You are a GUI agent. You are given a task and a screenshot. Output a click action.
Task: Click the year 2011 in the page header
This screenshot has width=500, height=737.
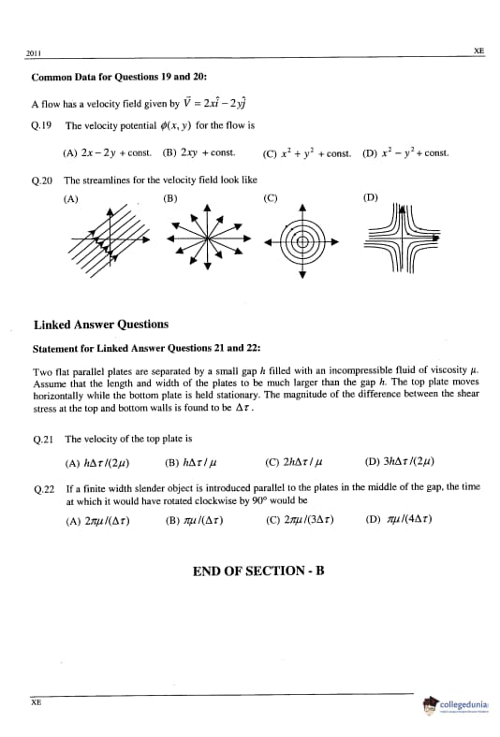34,53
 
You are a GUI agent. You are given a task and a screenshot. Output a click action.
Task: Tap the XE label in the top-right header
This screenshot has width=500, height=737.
478,51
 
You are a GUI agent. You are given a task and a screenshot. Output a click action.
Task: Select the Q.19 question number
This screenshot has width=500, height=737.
41,126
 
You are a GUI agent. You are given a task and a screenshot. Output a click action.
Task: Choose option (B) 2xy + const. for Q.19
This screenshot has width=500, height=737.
199,152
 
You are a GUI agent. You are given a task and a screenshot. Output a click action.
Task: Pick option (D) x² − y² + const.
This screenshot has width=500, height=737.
405,153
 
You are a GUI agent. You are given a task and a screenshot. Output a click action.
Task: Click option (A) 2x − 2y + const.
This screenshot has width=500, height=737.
108,152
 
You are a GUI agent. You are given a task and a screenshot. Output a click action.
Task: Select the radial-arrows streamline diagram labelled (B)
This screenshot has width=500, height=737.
208,238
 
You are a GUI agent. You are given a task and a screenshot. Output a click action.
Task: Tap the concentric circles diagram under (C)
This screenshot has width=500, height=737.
302,240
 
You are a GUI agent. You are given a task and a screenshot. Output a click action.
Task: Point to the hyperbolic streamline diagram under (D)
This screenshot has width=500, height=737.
403,238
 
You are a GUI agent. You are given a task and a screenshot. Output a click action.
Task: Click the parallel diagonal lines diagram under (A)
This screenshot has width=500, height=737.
110,239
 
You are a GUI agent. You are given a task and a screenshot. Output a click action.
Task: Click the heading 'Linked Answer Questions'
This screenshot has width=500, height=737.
101,325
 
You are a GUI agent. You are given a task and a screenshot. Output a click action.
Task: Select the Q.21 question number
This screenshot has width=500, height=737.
43,440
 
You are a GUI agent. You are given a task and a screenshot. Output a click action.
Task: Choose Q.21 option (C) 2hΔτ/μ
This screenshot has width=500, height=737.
294,463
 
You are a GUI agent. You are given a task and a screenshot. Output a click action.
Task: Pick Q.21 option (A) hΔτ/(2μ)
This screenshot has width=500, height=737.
97,464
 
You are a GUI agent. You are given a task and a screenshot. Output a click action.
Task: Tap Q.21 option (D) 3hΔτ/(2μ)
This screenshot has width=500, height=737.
399,462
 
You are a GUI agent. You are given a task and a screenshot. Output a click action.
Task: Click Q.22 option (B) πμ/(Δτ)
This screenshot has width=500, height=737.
194,521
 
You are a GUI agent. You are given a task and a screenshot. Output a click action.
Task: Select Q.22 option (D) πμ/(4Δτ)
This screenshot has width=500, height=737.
399,519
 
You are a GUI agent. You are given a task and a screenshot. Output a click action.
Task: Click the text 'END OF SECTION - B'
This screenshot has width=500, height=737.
258,571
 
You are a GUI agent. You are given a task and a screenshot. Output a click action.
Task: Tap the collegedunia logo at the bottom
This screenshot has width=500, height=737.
456,705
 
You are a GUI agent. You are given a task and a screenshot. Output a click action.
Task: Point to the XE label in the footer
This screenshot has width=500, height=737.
37,702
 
